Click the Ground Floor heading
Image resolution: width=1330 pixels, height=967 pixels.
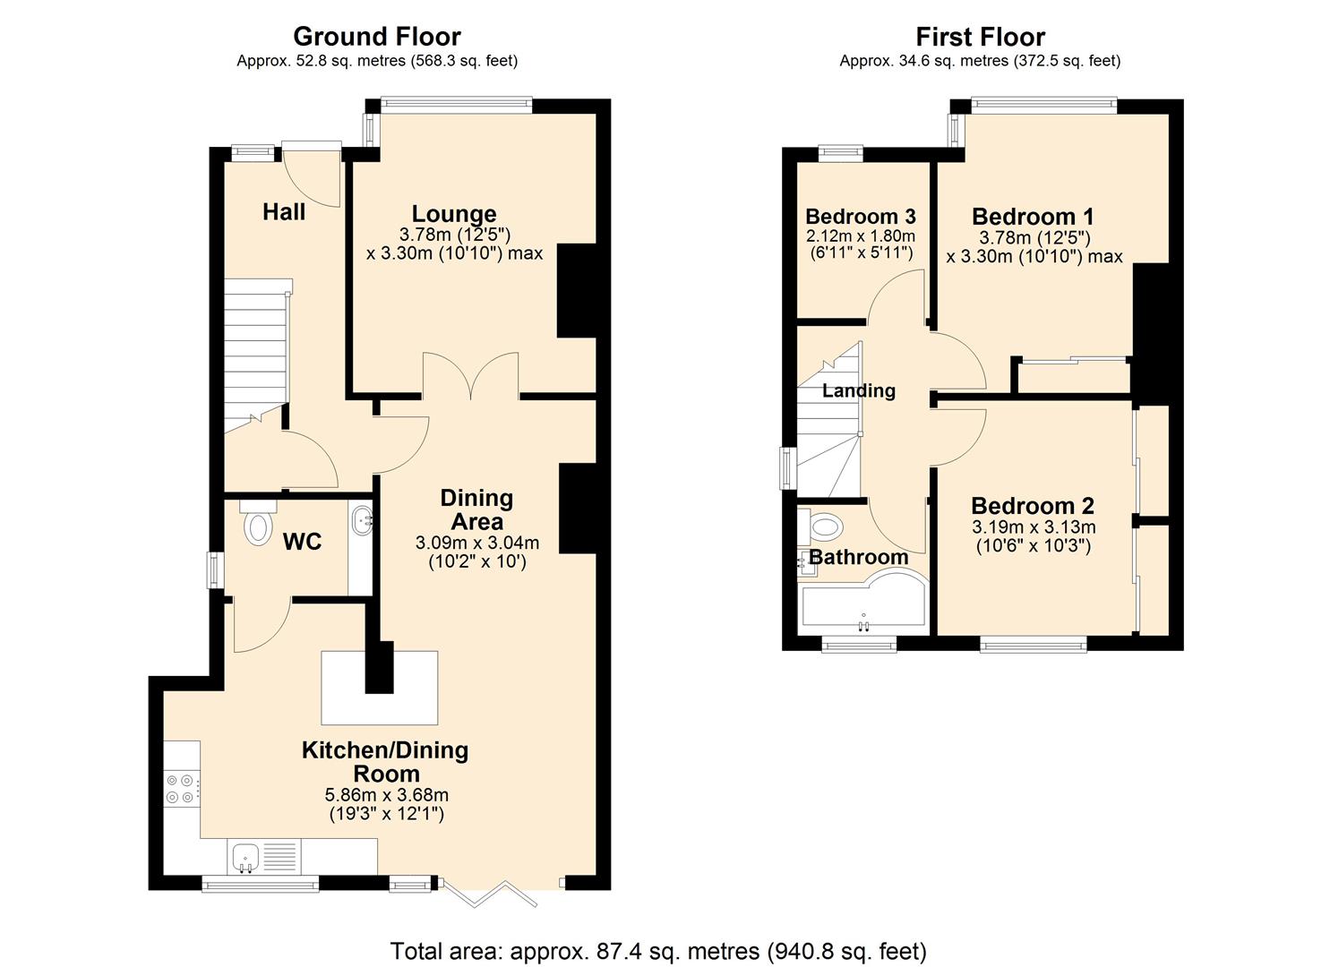(377, 37)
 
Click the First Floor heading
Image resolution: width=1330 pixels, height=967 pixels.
(980, 37)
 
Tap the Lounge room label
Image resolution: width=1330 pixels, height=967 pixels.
(454, 214)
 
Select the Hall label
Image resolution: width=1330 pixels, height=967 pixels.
(284, 212)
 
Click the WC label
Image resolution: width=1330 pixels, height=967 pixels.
(302, 542)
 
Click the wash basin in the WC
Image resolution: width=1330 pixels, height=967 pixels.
(362, 520)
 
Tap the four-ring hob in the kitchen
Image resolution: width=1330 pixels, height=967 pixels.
(179, 789)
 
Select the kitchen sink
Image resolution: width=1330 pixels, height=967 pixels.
(245, 857)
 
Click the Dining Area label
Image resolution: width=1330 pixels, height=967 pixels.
(476, 509)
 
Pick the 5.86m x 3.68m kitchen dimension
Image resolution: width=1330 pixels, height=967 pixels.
(386, 795)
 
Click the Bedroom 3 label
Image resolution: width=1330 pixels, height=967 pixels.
(860, 217)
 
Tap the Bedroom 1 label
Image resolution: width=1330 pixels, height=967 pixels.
(1033, 217)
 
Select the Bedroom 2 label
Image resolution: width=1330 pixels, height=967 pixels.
(1032, 506)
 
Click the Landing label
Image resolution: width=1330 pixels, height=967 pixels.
(858, 390)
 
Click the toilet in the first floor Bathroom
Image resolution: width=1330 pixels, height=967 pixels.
(822, 527)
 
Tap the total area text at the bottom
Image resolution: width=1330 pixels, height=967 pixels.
(658, 950)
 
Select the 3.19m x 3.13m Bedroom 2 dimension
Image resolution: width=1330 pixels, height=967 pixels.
(1033, 527)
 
